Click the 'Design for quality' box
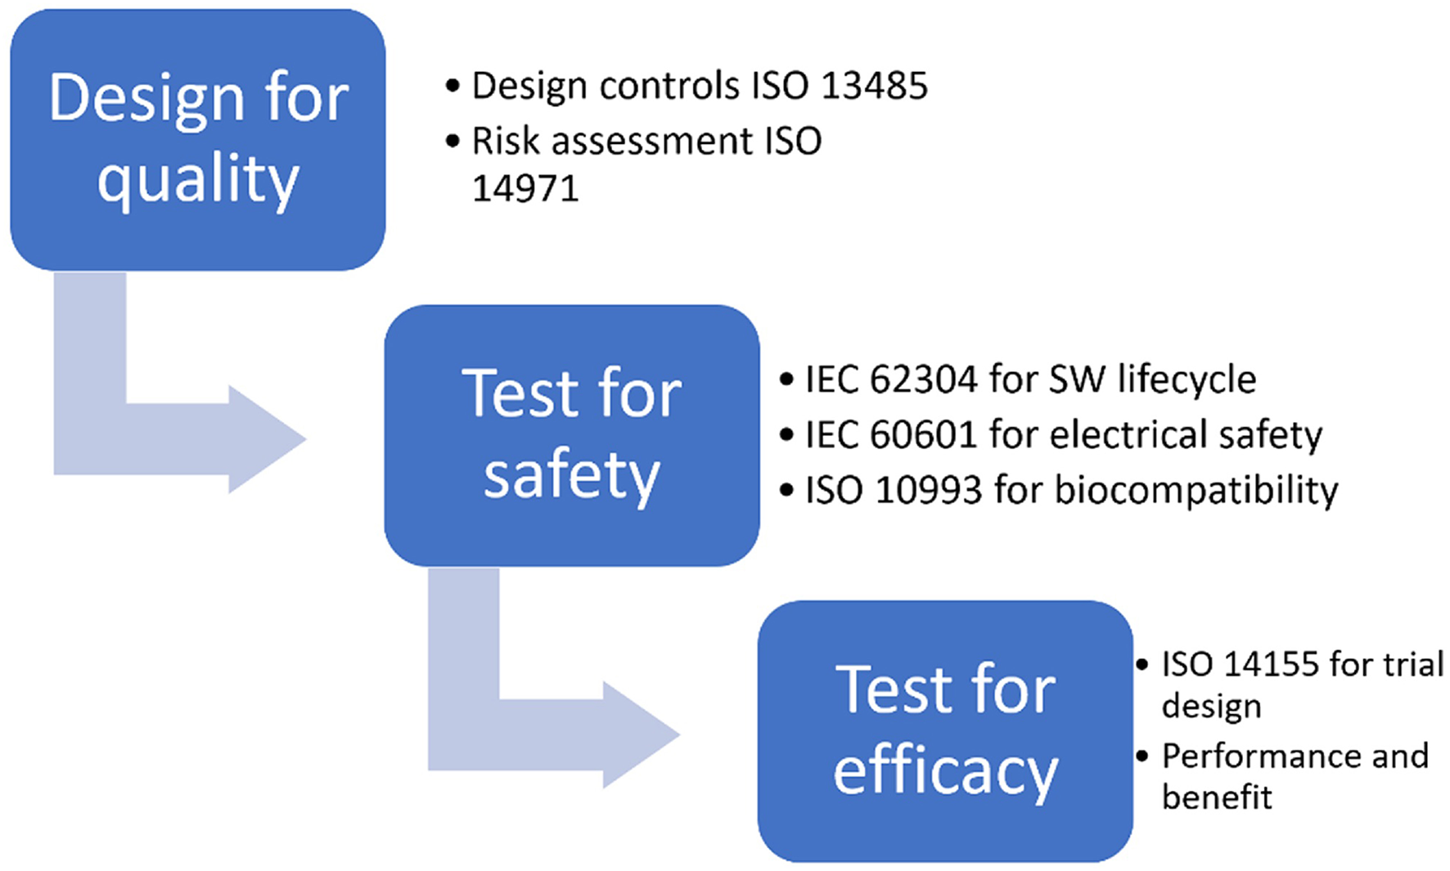pyautogui.click(x=197, y=139)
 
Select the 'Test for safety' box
pyautogui.click(x=571, y=435)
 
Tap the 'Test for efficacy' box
pyautogui.click(x=945, y=730)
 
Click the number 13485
pyautogui.click(x=874, y=86)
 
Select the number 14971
pyautogui.click(x=525, y=189)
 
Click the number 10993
pyautogui.click(x=927, y=490)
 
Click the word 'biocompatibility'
pyautogui.click(x=1196, y=491)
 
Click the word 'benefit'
pyautogui.click(x=1217, y=797)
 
